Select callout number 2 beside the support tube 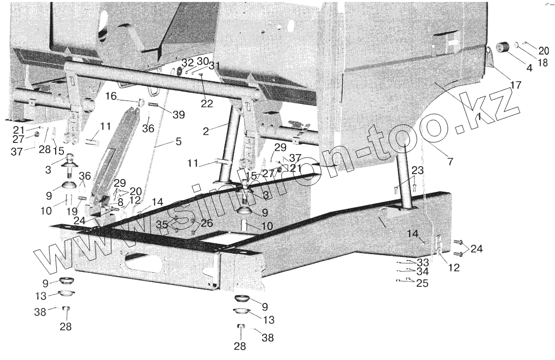(x=206, y=130)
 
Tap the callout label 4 (x=530, y=69)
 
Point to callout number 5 (x=178, y=142)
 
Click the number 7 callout (x=450, y=160)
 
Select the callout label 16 (x=112, y=97)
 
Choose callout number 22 (x=206, y=103)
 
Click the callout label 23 (x=417, y=170)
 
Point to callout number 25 (x=422, y=283)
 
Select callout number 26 (x=206, y=224)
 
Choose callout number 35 (x=162, y=224)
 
